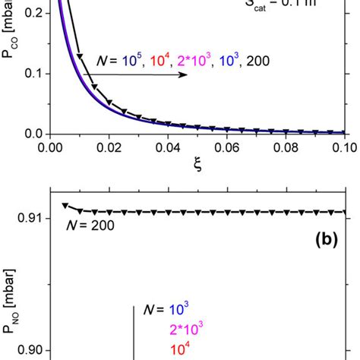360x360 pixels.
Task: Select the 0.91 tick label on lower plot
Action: [30, 219]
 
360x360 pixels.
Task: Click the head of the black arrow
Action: [186, 76]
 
